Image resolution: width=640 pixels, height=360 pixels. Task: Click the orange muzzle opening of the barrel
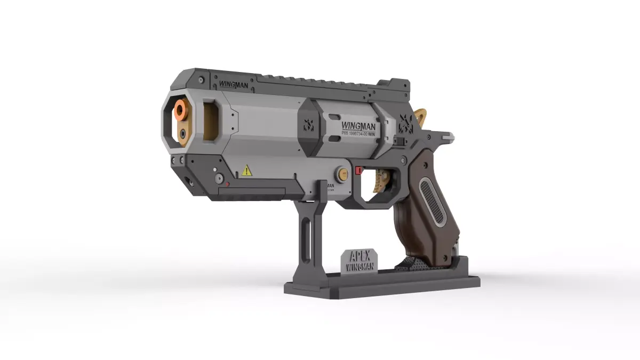[x=181, y=111]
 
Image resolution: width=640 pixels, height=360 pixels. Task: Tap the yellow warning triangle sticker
[x=246, y=171]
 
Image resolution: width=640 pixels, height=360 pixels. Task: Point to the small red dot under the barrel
[x=227, y=184]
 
